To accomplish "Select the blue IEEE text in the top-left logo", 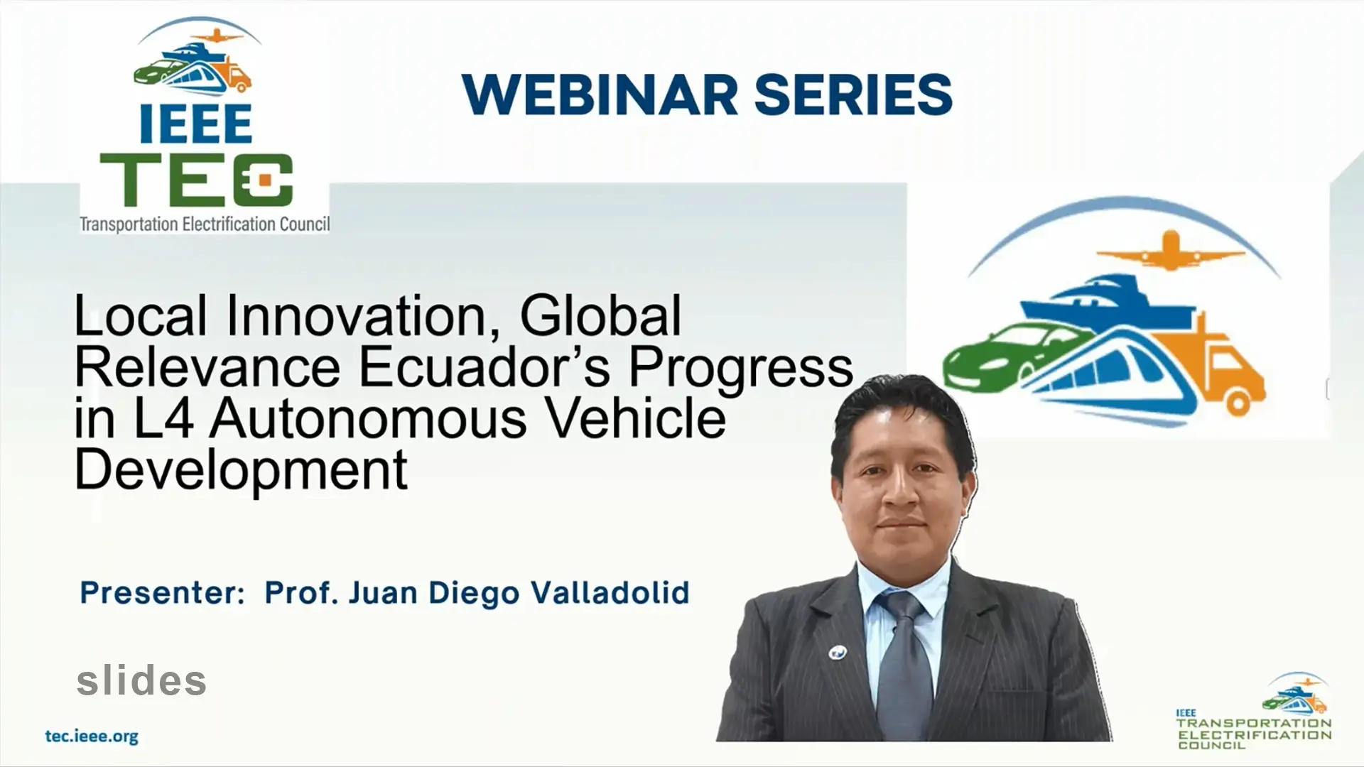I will pyautogui.click(x=195, y=125).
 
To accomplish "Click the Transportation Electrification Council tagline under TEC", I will pyautogui.click(x=205, y=224).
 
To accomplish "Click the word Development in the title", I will pyautogui.click(x=242, y=469).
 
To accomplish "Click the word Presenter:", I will pyautogui.click(x=162, y=592).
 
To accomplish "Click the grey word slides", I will pyautogui.click(x=141, y=680).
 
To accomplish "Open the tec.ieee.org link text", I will pyautogui.click(x=92, y=736).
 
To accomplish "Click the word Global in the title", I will pyautogui.click(x=600, y=316).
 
